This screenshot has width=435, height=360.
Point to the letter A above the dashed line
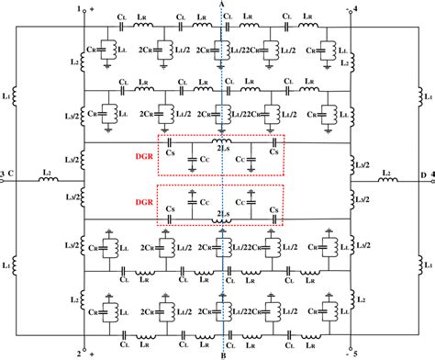pos(223,6)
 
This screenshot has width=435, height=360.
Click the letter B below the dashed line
pos(223,354)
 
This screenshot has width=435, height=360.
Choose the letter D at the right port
pos(421,174)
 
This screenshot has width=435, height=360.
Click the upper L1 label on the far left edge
pos(8,95)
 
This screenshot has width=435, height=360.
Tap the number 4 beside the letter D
pos(430,174)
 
